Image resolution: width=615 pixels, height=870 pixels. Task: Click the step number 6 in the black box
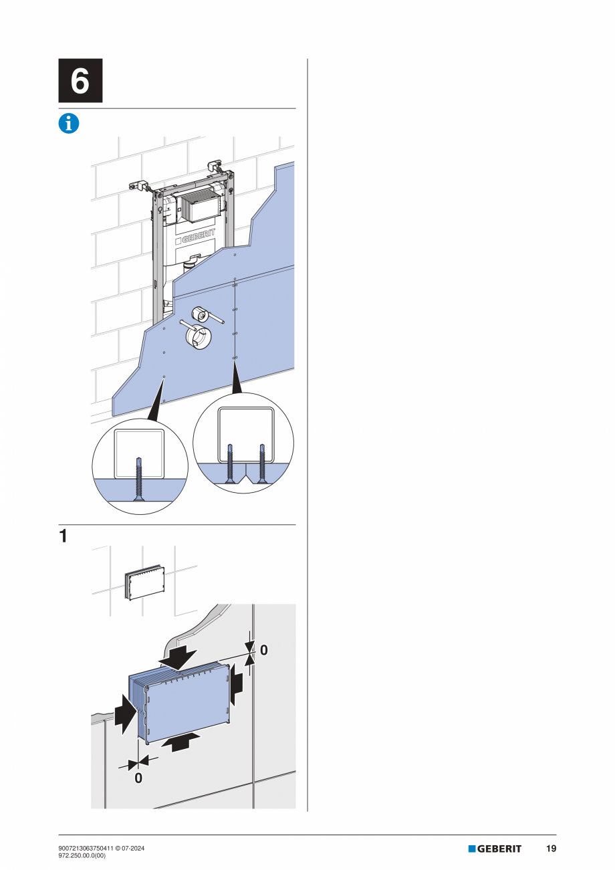[80, 80]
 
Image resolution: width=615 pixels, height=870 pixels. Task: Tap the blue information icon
[69, 123]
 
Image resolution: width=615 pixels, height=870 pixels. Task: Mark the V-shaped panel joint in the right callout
[245, 475]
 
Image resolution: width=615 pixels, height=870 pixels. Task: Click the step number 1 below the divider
[63, 536]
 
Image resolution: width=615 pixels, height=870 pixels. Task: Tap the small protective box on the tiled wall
[144, 582]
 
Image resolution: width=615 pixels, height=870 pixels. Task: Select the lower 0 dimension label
[138, 778]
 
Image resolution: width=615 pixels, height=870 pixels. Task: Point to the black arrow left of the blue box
[124, 715]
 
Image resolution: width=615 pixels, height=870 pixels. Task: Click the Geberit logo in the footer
[495, 849]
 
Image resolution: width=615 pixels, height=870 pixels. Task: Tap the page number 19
[551, 849]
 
